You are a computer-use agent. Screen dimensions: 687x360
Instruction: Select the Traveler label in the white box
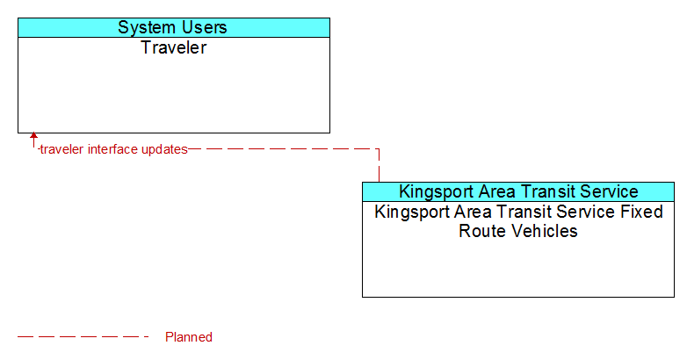coord(173,47)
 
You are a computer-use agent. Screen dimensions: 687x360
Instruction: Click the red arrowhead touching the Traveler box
coord(33,136)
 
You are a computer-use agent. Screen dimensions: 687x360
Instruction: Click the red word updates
coord(164,150)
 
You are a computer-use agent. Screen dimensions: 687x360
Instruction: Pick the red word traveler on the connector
coord(62,149)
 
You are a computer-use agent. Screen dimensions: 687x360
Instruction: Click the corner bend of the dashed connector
coord(379,149)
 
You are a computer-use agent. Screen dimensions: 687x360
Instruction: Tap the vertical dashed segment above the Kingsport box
coord(379,166)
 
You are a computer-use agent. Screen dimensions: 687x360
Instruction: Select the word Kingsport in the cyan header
coord(436,192)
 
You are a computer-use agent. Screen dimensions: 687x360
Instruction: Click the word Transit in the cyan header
coord(548,191)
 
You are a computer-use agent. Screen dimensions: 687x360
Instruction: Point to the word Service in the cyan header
coord(610,191)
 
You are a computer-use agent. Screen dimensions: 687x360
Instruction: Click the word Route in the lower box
coord(478,231)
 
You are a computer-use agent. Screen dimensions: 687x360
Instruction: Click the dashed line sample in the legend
coord(83,337)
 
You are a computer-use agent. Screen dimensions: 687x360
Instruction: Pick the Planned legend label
coord(189,337)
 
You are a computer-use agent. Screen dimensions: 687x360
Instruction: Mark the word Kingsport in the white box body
coord(412,212)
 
